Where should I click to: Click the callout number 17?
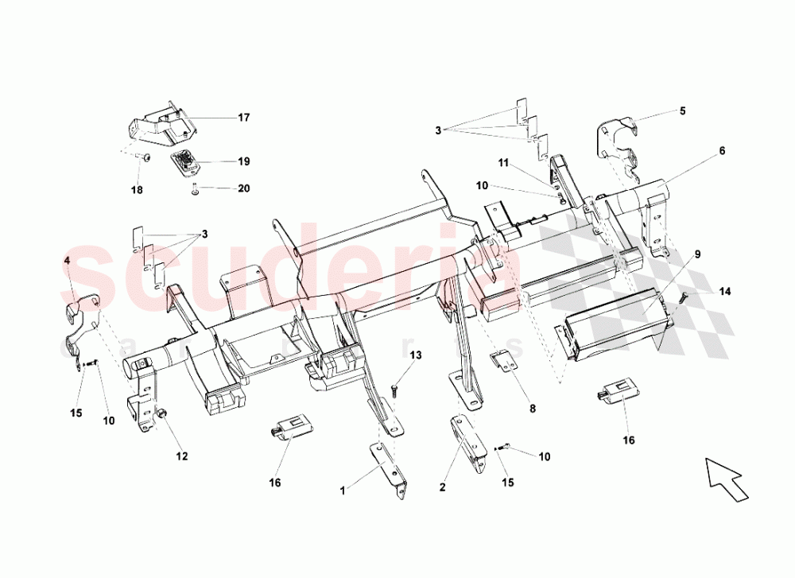243,118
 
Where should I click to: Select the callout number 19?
243,161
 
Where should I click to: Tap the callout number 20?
243,188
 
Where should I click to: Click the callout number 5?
681,111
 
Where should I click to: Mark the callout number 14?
724,291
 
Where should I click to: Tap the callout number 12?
182,456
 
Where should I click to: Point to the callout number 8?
533,409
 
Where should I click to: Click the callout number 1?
343,491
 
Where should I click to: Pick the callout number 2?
441,487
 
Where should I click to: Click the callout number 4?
68,261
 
